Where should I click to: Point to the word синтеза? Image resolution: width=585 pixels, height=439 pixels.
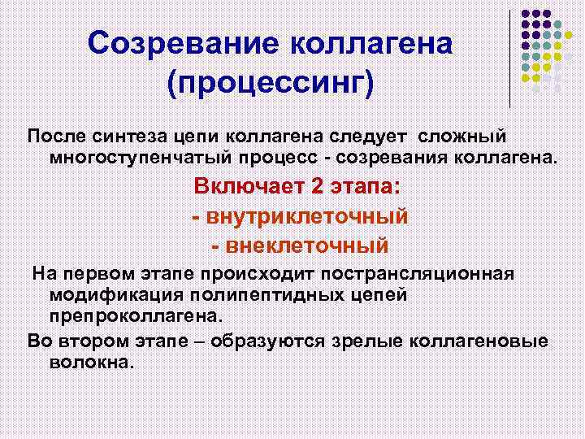123,133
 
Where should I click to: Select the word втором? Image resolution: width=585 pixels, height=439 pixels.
84,341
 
